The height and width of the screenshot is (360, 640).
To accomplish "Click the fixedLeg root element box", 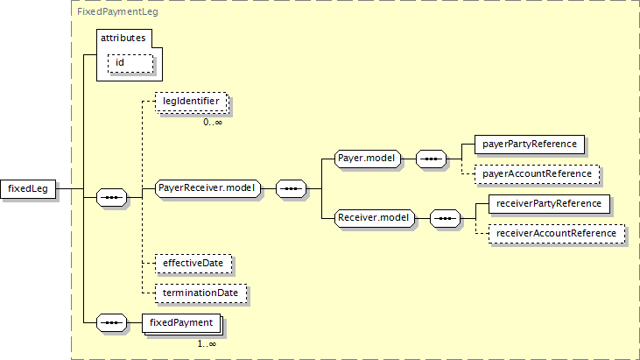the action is [28, 189].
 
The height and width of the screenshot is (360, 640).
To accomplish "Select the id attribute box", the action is [130, 63].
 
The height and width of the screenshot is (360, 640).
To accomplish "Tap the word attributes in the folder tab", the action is [123, 38].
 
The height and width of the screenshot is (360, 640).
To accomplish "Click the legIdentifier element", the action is [191, 102].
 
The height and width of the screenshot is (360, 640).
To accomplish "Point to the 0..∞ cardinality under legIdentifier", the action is [213, 122].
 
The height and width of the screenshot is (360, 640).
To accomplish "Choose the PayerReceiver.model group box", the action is [207, 188].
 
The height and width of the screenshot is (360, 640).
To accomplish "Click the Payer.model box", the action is [368, 159].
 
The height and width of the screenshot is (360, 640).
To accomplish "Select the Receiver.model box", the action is [375, 218].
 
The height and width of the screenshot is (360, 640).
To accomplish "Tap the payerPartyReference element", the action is [530, 145].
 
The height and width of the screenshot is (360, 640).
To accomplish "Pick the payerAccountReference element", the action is [538, 174].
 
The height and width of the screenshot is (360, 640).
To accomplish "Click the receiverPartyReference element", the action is [549, 204].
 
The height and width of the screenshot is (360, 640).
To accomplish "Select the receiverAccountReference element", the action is [557, 234].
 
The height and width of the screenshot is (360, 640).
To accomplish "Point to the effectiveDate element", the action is [193, 264].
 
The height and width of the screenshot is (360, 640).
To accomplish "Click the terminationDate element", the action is [200, 293].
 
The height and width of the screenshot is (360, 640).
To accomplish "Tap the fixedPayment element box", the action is [181, 324].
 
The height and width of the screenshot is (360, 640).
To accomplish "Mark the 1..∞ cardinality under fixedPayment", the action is [207, 344].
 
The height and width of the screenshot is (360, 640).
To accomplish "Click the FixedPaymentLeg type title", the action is [117, 11].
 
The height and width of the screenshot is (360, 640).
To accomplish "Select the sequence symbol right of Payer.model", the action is [431, 159].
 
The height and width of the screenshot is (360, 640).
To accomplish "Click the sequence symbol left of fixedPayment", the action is [112, 323].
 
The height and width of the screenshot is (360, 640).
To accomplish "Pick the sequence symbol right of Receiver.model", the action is [445, 218].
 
